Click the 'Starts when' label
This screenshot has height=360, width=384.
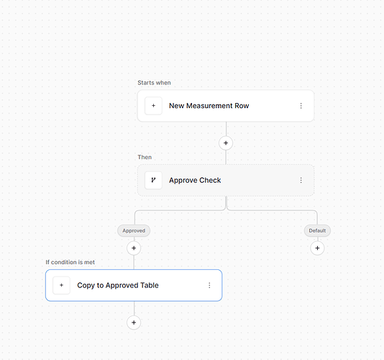tap(154, 83)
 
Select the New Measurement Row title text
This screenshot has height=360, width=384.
tap(209, 106)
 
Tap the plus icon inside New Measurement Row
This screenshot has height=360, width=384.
tap(153, 106)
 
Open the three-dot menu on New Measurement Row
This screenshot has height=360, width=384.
tap(301, 106)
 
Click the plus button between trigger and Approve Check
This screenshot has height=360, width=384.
tap(226, 143)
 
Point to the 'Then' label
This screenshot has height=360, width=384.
tap(145, 157)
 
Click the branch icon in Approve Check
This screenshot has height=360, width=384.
tap(153, 180)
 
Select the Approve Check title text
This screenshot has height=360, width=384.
tap(195, 180)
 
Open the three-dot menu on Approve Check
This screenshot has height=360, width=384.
tap(301, 180)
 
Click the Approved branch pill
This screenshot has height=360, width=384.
tap(134, 230)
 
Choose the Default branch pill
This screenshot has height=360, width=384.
tap(317, 230)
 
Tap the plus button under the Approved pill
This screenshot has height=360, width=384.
tap(134, 248)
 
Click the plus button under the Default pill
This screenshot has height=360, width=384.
tap(317, 248)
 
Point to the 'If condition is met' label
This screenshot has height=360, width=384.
tap(70, 262)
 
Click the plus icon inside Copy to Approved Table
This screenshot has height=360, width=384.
tap(61, 285)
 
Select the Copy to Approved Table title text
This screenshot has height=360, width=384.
tap(118, 285)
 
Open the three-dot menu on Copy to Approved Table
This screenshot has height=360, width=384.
tap(209, 285)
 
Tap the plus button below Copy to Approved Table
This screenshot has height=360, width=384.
tap(134, 323)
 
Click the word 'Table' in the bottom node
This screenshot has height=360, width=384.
tap(149, 285)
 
